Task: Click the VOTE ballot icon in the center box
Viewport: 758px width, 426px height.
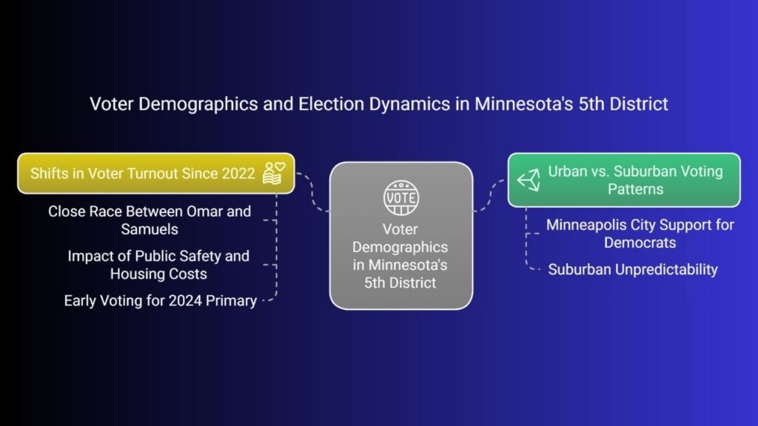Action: pyautogui.click(x=400, y=197)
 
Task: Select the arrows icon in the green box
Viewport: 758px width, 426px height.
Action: pyautogui.click(x=529, y=180)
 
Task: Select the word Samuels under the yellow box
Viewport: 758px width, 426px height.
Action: pyautogui.click(x=150, y=229)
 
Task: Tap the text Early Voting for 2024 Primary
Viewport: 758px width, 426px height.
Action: pyautogui.click(x=161, y=301)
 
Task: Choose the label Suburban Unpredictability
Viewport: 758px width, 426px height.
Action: pyautogui.click(x=633, y=269)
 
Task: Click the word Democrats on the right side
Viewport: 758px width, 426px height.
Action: pyautogui.click(x=640, y=243)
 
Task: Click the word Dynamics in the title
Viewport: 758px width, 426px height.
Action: pyautogui.click(x=409, y=104)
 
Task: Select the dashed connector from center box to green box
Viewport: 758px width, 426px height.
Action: pyautogui.click(x=489, y=195)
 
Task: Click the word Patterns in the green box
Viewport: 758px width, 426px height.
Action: pyautogui.click(x=636, y=189)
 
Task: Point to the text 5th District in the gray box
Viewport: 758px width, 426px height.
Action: pyautogui.click(x=400, y=283)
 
